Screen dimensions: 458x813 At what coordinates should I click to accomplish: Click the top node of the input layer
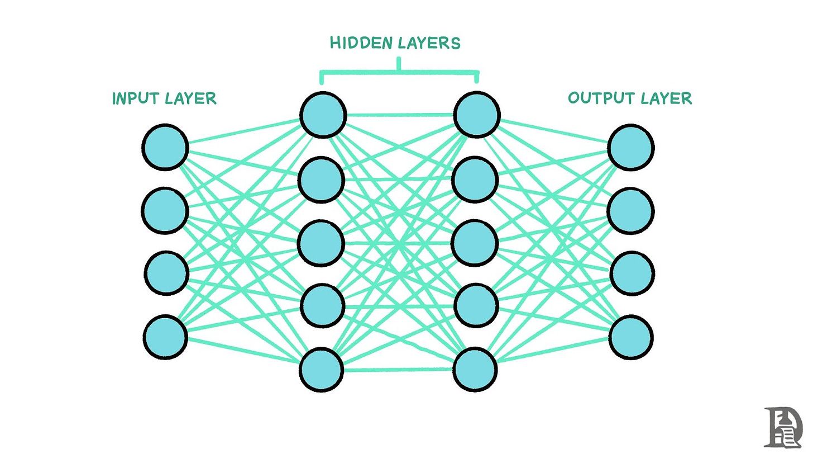(165, 148)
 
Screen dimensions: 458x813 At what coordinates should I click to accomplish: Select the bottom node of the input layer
(165, 337)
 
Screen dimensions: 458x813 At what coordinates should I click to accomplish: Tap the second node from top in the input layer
(164, 211)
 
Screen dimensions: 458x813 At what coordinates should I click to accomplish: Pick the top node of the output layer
(630, 148)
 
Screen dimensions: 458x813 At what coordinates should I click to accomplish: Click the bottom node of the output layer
(630, 337)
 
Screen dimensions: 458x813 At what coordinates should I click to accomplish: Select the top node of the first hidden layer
(323, 115)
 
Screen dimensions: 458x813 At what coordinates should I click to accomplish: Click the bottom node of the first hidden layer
(321, 369)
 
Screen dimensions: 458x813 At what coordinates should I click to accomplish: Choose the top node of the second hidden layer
(476, 115)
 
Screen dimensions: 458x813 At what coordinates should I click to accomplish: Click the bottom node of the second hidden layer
(475, 369)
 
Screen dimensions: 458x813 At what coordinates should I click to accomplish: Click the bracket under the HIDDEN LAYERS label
(399, 72)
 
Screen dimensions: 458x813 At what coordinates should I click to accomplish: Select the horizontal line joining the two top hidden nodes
(399, 115)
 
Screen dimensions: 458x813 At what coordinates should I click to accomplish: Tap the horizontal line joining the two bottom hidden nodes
(398, 369)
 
